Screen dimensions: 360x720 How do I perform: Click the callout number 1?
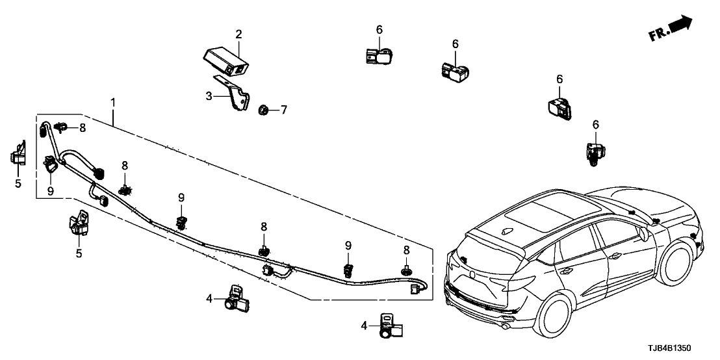pos(113,103)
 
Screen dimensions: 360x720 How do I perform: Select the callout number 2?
pos(238,34)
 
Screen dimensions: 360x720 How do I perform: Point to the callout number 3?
pos(209,96)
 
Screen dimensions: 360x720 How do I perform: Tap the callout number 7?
pos(283,110)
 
